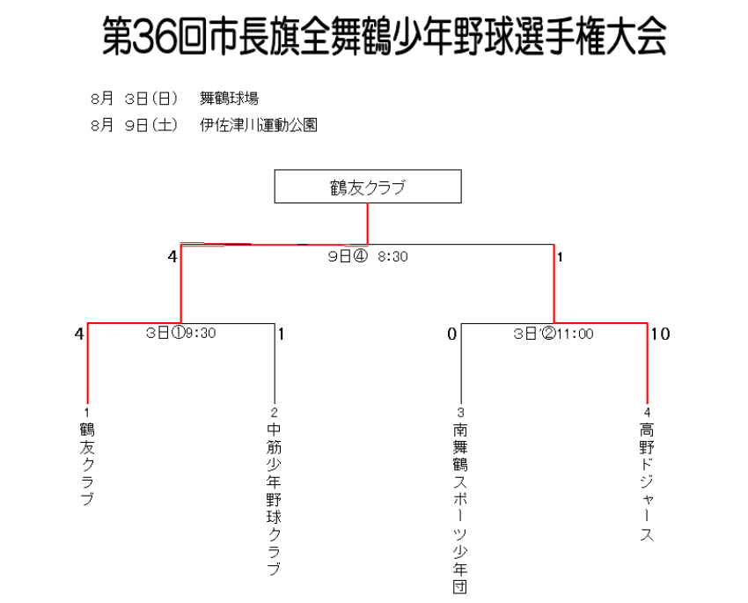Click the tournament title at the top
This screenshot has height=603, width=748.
tap(385, 36)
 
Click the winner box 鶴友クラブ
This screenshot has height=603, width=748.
tap(368, 187)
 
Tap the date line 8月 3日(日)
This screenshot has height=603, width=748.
tap(134, 99)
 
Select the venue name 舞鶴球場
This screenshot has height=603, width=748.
tap(229, 99)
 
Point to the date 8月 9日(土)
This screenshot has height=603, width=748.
tap(134, 125)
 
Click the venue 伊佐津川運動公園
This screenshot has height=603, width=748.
tap(259, 125)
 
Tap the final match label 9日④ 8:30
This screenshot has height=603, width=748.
tap(368, 257)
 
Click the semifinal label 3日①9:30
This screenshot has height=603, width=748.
tap(180, 333)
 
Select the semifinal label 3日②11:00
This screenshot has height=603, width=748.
tap(554, 334)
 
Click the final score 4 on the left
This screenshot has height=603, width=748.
tap(172, 257)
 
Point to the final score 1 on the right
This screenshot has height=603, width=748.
tap(560, 258)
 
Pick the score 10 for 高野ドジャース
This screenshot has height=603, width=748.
tap(661, 334)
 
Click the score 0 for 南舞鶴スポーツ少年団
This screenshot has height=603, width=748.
tap(452, 334)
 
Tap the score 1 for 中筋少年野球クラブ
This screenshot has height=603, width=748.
tap(282, 334)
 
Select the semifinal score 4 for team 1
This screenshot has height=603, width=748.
tap(79, 334)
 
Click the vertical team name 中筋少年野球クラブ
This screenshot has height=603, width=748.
tap(274, 499)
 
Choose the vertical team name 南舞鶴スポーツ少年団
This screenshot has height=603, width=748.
tap(460, 508)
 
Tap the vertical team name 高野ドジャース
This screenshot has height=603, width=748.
tap(647, 482)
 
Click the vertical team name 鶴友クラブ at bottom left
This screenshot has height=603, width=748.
tap(87, 464)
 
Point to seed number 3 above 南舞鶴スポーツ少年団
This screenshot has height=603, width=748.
tap(460, 412)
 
